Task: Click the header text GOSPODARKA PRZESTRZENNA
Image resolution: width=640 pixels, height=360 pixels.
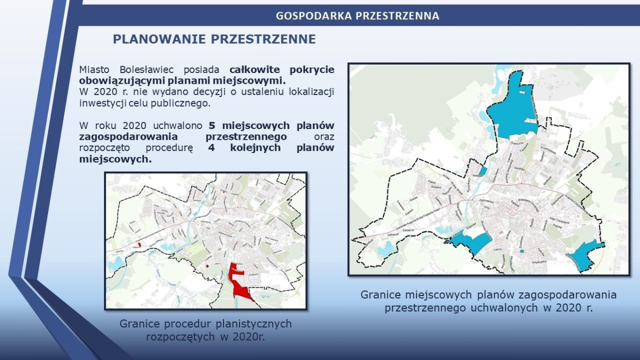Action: tap(357, 16)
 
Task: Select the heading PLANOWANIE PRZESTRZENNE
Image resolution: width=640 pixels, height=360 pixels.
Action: tap(214, 39)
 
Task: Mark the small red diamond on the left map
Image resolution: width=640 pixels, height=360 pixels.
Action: tap(207, 265)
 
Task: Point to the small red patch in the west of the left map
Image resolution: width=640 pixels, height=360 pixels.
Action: tap(140, 245)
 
